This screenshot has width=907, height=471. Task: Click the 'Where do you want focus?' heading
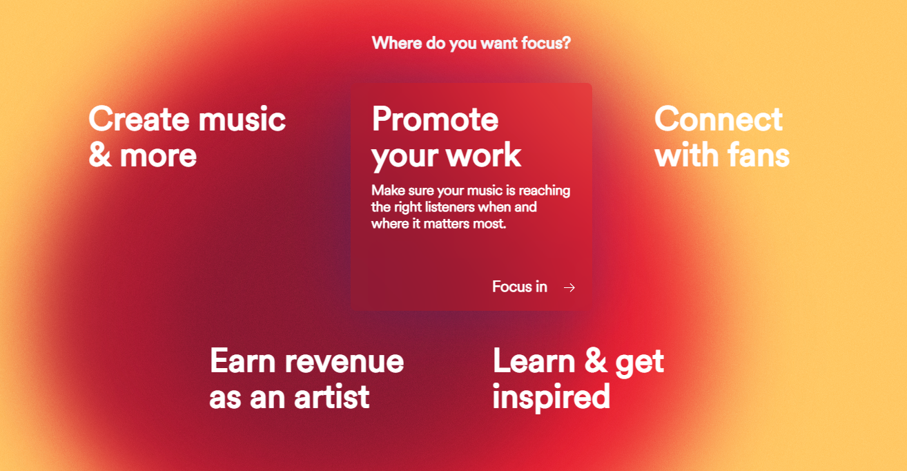[x=471, y=44]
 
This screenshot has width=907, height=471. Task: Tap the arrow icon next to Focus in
[x=569, y=287]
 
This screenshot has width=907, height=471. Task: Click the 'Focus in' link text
[x=519, y=287]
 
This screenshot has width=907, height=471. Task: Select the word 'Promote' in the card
[x=435, y=119]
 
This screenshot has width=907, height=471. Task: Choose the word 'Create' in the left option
[x=138, y=119]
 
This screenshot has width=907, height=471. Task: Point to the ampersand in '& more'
[x=99, y=156]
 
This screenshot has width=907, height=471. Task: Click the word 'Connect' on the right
[x=718, y=119]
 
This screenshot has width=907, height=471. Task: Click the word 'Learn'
[x=534, y=361]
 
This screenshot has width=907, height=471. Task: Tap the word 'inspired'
[x=551, y=397]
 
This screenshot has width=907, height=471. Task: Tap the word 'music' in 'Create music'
[x=242, y=119]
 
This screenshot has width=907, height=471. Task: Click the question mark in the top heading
[x=567, y=44]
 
